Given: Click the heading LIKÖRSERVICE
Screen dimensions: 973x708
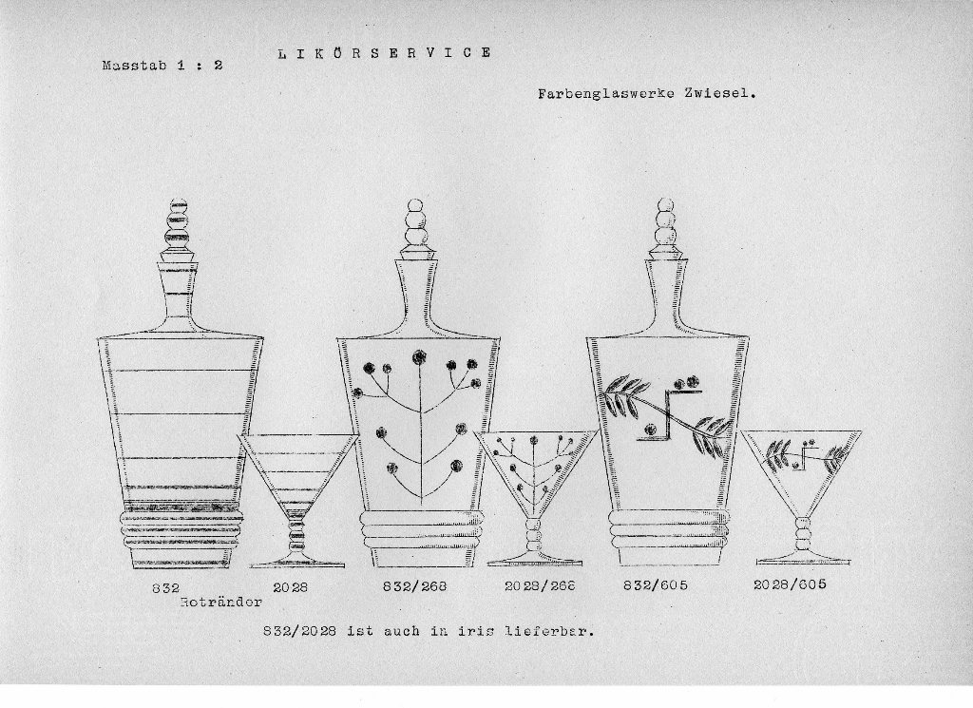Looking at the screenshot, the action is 384,52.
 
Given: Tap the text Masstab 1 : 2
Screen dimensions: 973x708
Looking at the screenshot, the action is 162,66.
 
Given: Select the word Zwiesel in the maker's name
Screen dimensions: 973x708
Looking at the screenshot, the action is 720,94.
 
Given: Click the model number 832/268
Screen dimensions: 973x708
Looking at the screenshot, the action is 414,585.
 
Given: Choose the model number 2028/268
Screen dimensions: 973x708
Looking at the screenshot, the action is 540,585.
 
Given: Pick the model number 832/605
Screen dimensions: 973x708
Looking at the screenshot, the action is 656,584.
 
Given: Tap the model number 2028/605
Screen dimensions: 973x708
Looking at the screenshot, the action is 790,584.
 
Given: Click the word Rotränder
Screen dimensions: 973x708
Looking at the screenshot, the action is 221,602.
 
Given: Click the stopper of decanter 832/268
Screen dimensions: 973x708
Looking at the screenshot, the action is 414,230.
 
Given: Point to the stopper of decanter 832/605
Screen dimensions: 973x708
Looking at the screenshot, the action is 665,228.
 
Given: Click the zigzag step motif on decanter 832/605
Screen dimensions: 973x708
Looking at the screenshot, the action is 669,415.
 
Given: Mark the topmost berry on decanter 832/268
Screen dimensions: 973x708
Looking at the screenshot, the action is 419,356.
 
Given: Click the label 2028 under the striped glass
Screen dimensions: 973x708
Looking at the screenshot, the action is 291,586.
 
